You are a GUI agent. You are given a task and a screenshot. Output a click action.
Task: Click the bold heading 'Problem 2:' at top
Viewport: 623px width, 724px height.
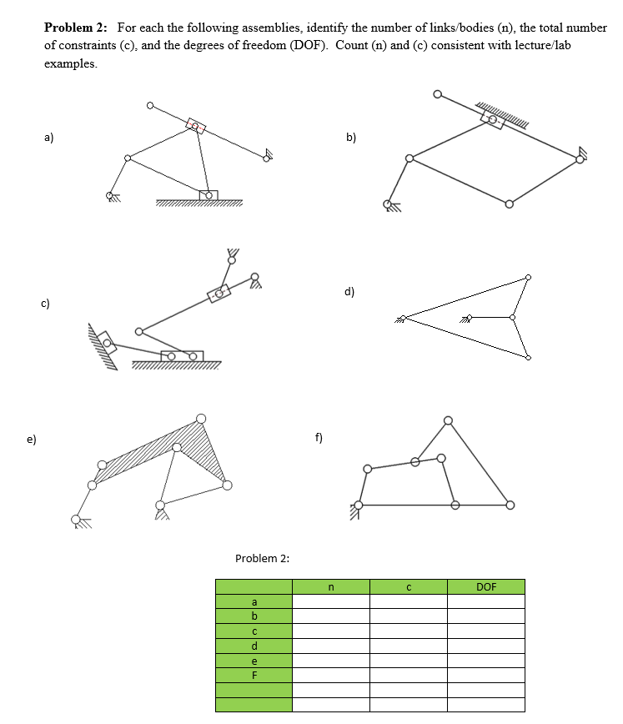pos(78,28)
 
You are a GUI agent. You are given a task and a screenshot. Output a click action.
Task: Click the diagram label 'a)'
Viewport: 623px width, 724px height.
pos(49,138)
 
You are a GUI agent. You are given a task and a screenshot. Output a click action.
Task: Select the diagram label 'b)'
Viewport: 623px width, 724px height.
pos(351,138)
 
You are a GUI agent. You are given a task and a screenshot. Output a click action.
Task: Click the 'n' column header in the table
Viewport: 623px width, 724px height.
pos(331,586)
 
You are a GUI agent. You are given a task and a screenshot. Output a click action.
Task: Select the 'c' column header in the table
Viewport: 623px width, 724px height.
pos(409,586)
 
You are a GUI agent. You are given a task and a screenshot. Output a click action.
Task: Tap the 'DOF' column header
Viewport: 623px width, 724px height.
pos(485,586)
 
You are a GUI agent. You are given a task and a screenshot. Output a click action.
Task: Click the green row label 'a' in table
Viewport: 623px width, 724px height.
pos(254,601)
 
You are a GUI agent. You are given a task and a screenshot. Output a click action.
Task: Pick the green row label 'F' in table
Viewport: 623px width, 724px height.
pos(254,676)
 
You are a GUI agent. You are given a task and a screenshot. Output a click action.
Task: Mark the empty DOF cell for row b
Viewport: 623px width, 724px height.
pos(485,616)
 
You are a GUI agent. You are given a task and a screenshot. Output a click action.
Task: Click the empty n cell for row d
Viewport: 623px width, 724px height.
pos(331,646)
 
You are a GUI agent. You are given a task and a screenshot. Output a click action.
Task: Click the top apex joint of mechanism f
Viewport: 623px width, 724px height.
pos(448,420)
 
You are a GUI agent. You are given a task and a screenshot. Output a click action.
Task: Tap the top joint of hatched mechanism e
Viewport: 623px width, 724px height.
pos(200,419)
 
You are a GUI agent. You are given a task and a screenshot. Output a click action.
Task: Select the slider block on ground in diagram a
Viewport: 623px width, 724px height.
pos(209,195)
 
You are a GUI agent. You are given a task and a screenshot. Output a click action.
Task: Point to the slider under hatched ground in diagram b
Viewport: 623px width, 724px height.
pos(492,119)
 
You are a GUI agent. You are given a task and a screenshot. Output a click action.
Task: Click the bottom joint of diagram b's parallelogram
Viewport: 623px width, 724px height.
pos(509,201)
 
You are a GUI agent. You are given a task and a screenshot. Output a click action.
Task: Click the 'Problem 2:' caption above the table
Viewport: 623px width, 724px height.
pos(262,558)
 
